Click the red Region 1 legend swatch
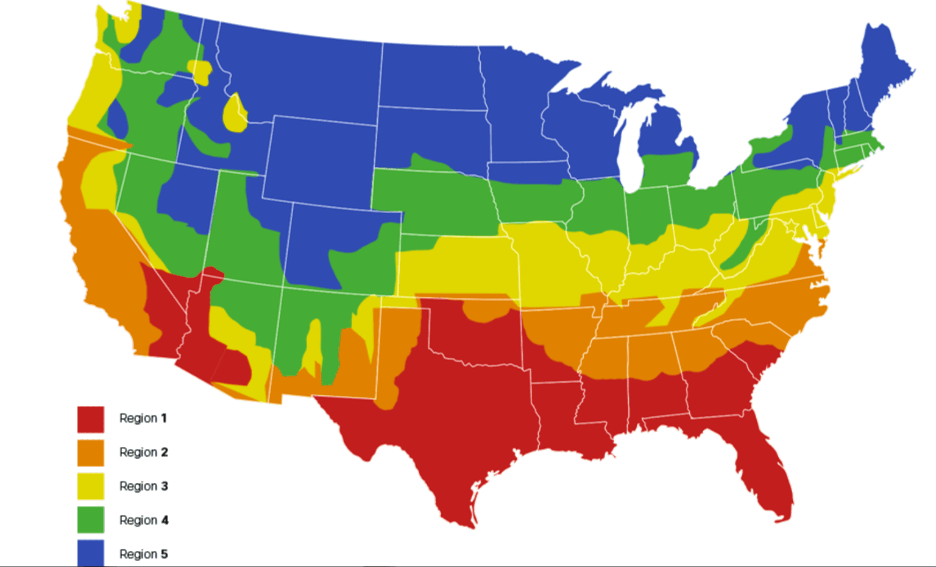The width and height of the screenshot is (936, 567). (x=90, y=419)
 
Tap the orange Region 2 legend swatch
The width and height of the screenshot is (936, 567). (x=90, y=453)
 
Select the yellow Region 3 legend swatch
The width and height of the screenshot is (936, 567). (x=90, y=486)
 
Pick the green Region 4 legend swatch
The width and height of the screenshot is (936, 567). (x=90, y=519)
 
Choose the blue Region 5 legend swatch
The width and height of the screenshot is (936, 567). (x=90, y=552)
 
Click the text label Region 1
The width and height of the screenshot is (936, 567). (x=143, y=418)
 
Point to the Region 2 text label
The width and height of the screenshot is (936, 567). (x=143, y=453)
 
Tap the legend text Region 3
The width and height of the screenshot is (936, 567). (x=143, y=486)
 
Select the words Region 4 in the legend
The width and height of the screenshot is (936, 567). (x=143, y=520)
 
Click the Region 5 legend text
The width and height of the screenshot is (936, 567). (x=143, y=554)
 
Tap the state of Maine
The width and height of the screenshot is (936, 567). (x=884, y=67)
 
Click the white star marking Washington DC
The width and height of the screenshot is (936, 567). (x=792, y=227)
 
